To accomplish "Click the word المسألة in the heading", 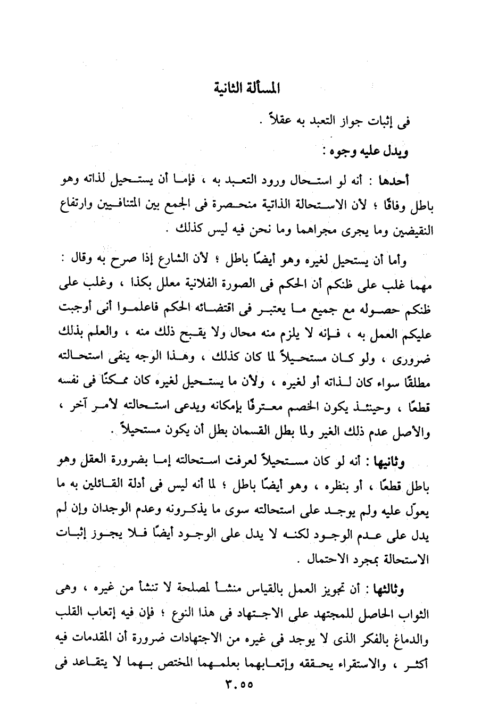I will pos(263,88).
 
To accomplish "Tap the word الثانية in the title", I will pos(230,88).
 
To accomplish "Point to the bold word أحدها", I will pos(393,182).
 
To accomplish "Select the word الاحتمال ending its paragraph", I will pos(334,560).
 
